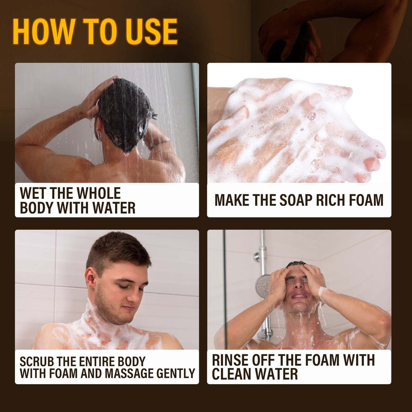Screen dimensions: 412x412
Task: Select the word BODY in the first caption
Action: (37, 208)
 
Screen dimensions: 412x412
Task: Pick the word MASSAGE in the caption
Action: (130, 373)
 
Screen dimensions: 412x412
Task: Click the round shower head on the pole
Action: (263, 286)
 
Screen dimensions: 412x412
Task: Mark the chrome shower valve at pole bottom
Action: (265, 333)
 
